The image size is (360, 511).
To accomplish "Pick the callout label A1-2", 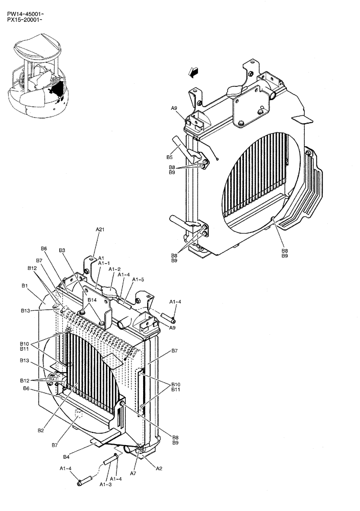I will [x=114, y=269].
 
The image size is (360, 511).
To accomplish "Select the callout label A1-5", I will [x=138, y=280].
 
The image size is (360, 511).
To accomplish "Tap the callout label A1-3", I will [x=106, y=484].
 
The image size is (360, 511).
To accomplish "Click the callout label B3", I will [x=62, y=250].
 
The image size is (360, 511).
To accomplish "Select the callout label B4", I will [x=66, y=456].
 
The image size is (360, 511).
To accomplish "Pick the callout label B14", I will [x=92, y=300].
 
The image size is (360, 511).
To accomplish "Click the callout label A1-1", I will [x=104, y=264].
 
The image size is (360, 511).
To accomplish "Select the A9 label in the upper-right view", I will [x=174, y=108].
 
